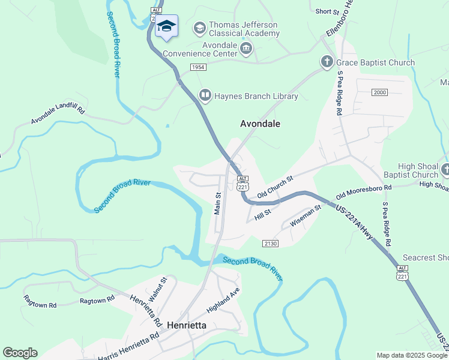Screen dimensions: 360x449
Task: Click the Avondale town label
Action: tap(260, 124)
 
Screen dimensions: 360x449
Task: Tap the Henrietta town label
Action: tap(186, 325)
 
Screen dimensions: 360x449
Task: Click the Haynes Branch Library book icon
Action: tap(205, 95)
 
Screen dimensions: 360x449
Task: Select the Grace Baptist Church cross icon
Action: tap(327, 62)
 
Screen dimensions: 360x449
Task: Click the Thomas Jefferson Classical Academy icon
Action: tap(199, 28)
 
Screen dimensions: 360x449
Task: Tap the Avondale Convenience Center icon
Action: tap(246, 48)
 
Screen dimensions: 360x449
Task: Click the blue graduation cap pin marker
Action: tap(166, 26)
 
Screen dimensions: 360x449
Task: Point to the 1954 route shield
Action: tap(199, 67)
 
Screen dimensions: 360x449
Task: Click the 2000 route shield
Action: tap(379, 92)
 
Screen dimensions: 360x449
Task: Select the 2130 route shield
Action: tap(270, 242)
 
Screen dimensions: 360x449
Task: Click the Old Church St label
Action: tap(274, 187)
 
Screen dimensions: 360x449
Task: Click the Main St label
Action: tap(218, 203)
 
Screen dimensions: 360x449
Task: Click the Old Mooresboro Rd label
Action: tap(363, 191)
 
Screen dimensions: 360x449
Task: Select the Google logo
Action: tap(20, 353)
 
